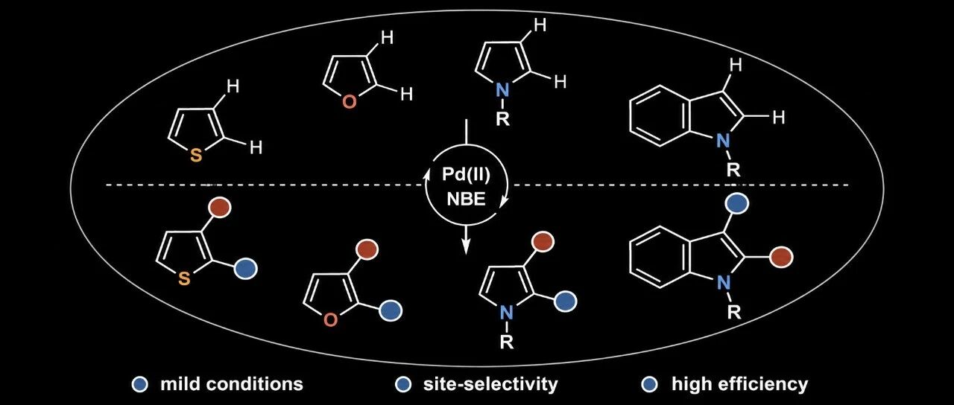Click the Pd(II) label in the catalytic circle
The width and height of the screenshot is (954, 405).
coord(466,175)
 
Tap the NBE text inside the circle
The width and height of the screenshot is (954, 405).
coord(467,200)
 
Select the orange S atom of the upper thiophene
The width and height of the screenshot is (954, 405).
coord(195,156)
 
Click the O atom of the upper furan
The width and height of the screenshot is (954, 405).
coord(349,101)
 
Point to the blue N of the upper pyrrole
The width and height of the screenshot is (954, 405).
coord(502,90)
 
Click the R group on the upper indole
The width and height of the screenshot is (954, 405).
coord(733,169)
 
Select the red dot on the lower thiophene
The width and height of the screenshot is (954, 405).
coord(220,207)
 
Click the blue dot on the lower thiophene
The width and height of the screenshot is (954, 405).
coord(246,268)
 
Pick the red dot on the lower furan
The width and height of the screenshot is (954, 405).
coord(367,249)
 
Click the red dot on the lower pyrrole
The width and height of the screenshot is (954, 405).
coord(543,242)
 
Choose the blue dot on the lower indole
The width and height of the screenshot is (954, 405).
coord(737,203)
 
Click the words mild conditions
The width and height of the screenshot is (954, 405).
coord(232,384)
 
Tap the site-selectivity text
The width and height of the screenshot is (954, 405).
coord(490,384)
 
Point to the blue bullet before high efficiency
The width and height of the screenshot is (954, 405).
coord(649,384)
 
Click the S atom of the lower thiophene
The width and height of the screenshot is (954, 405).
coord(184,278)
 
